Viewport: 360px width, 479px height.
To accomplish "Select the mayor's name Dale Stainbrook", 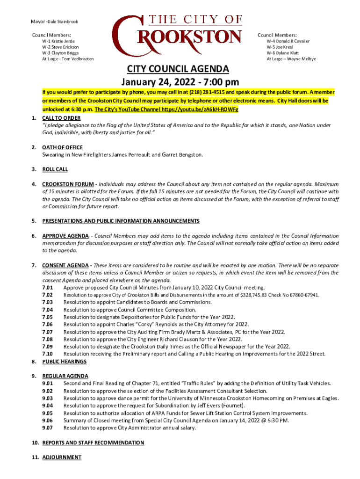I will point(63,22).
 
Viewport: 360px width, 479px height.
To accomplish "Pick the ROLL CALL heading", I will point(55,169).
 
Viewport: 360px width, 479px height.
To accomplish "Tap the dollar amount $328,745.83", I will point(256,295).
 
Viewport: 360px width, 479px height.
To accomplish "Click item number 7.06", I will point(47,324).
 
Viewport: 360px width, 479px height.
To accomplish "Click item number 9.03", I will point(47,398).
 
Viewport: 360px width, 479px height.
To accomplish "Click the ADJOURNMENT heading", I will point(62,457).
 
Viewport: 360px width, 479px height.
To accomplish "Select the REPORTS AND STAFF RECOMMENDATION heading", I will point(93,443).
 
